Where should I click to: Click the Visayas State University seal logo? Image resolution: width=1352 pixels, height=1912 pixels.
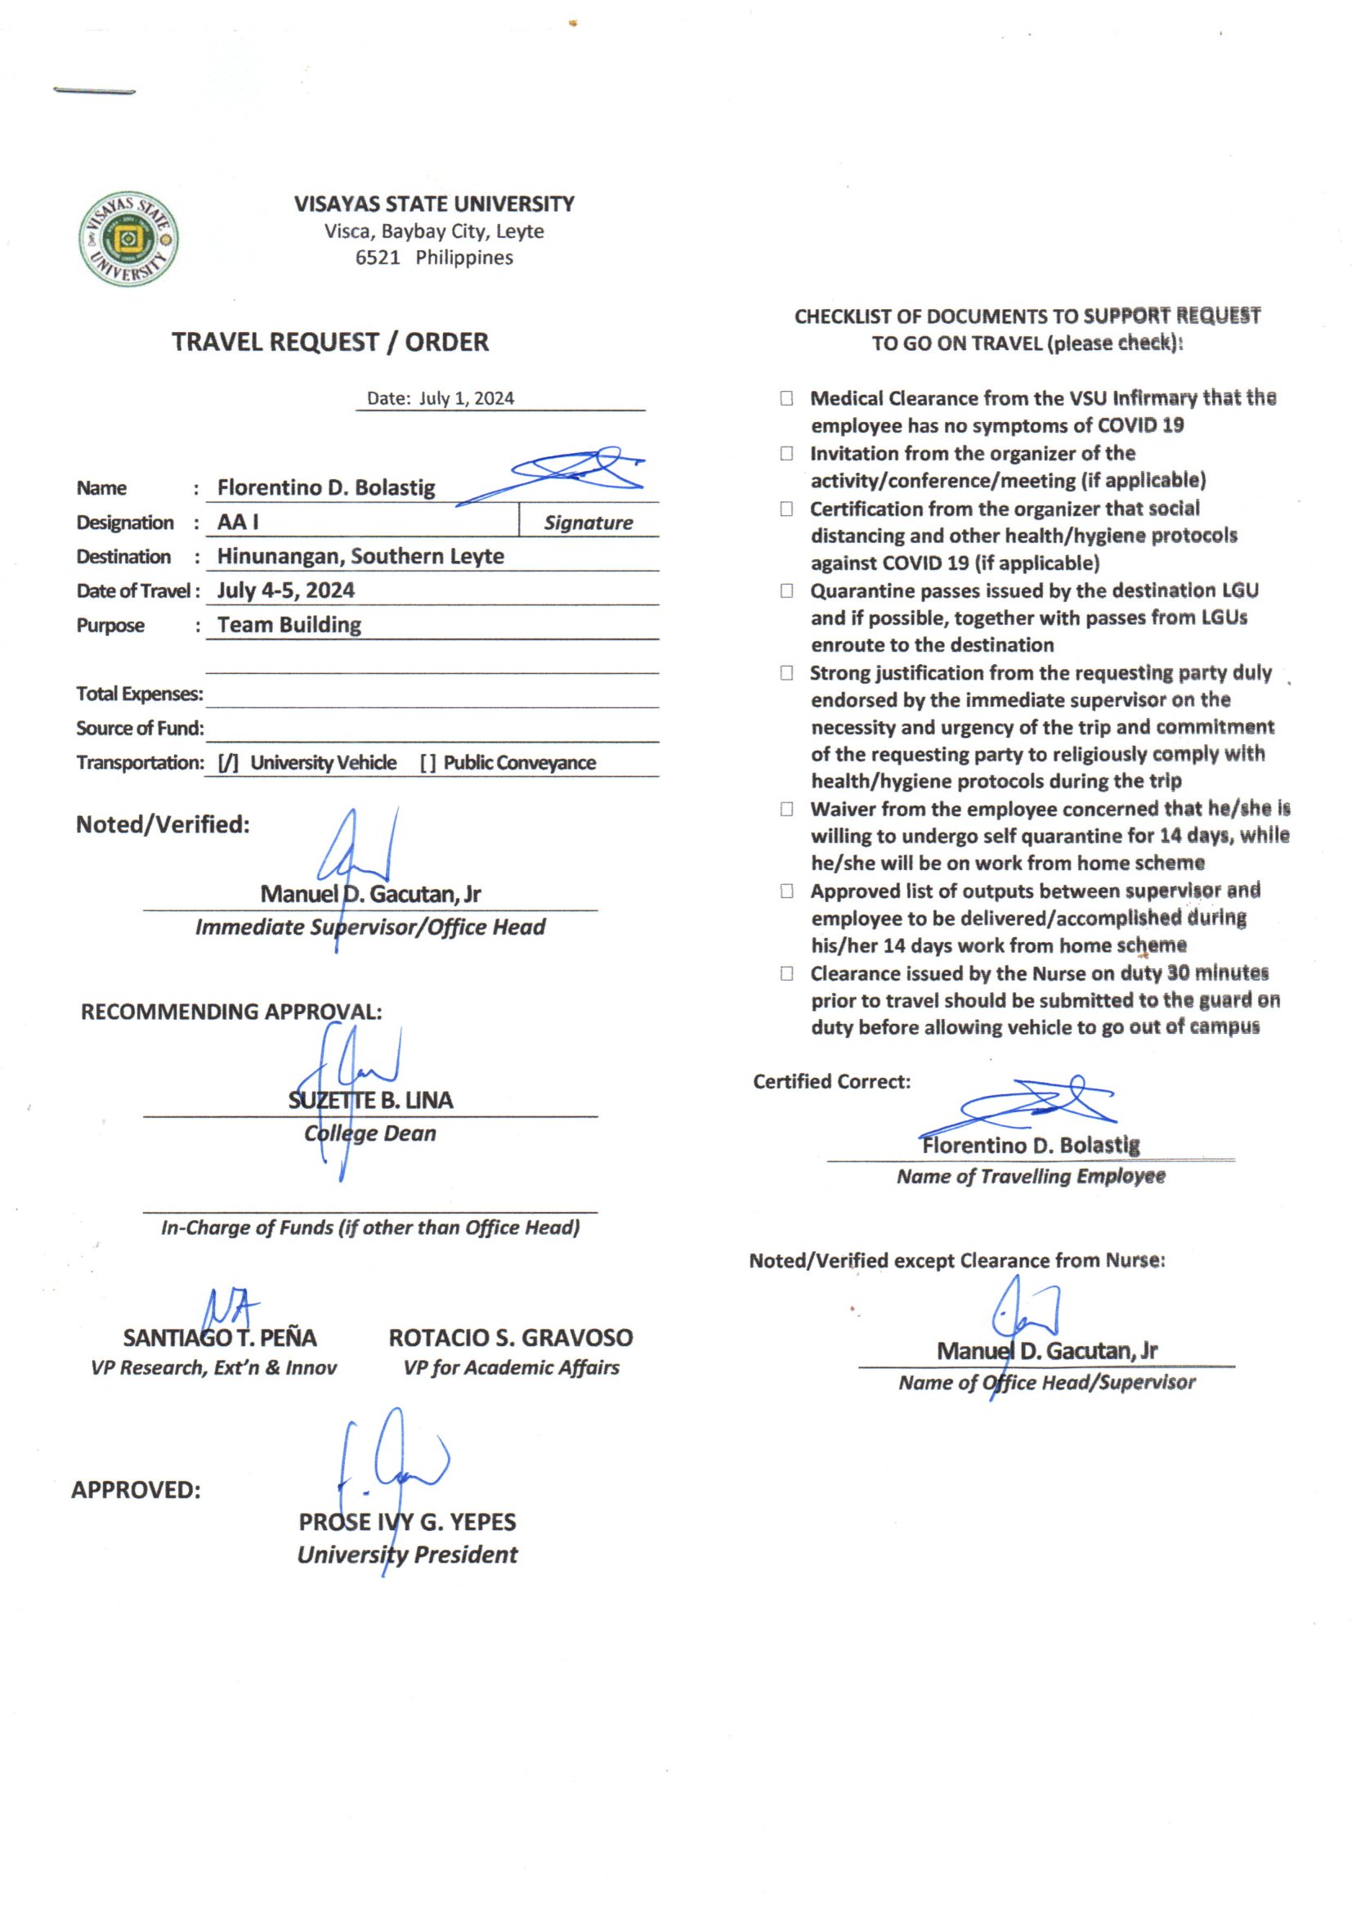[128, 239]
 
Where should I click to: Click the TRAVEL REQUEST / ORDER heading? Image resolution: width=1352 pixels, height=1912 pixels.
[329, 343]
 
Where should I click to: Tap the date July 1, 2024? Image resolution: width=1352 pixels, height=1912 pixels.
[466, 398]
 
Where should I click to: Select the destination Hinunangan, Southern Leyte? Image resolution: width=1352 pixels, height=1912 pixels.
[360, 556]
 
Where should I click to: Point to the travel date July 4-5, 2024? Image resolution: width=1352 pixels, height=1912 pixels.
[285, 590]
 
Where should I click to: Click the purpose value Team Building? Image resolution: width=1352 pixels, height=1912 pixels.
[289, 625]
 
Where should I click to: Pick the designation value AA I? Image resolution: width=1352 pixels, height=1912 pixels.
[238, 522]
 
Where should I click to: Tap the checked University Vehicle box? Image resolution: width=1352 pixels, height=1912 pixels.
[228, 763]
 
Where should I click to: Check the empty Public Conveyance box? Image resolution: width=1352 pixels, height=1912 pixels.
[428, 763]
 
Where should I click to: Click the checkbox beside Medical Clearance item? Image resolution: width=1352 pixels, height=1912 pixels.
[786, 398]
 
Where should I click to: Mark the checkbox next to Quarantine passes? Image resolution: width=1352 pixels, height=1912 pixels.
[786, 590]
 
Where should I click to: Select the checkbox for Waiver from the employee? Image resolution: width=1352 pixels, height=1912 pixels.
[786, 809]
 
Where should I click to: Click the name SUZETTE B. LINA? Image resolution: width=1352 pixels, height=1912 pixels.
[370, 1100]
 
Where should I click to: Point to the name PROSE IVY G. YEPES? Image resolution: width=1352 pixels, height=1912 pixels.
[407, 1521]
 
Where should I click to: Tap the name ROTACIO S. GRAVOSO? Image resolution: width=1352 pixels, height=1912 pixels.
[510, 1337]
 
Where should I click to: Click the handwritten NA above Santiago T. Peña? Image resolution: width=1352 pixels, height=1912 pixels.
[231, 1309]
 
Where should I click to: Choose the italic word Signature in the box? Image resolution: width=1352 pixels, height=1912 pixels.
[588, 523]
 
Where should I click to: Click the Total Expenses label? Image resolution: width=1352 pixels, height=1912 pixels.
[139, 693]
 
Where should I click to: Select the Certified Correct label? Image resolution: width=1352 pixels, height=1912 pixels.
[831, 1082]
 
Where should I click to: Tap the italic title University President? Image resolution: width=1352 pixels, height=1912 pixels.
[407, 1555]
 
